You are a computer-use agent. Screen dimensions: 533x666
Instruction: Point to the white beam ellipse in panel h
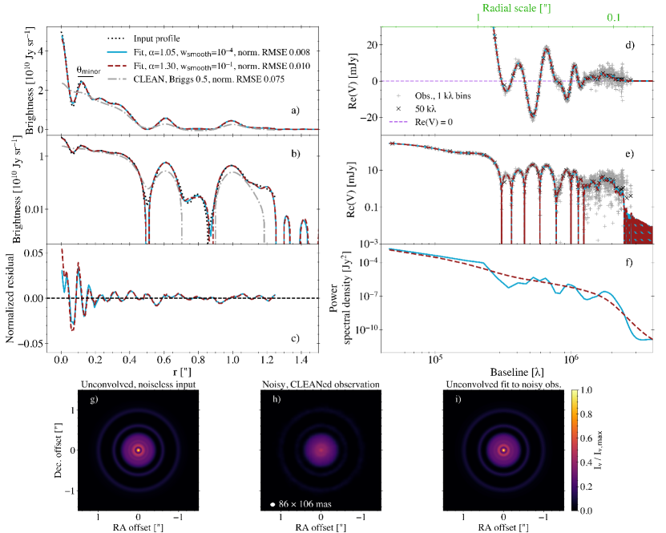pyautogui.click(x=273, y=503)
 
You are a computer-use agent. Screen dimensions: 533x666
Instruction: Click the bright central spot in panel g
pyautogui.click(x=139, y=450)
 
